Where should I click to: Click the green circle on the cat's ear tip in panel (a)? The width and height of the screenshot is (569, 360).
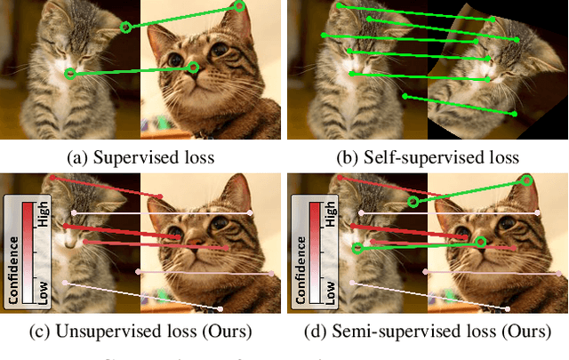point(240,6)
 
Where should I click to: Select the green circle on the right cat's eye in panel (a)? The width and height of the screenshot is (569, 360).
point(194,68)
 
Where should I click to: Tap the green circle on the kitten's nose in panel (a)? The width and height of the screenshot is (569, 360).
point(70,74)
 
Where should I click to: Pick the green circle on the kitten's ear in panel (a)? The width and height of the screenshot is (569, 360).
point(126,28)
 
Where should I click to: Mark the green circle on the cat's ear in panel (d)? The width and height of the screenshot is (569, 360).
point(526,180)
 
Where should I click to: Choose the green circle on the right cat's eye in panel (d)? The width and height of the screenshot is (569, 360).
point(480,241)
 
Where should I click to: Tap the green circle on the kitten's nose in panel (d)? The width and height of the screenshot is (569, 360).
point(358,248)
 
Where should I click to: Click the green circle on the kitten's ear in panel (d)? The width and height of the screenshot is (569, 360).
point(413,202)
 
